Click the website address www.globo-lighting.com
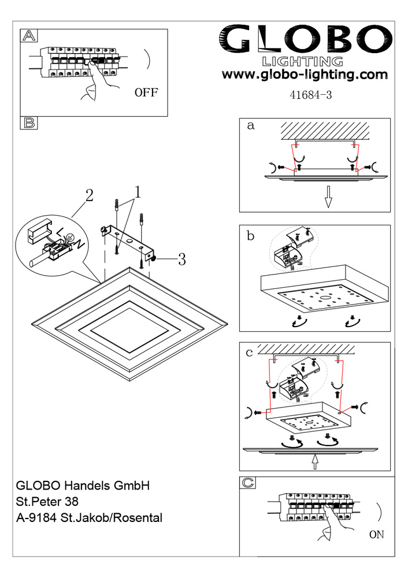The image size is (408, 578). tap(305, 75)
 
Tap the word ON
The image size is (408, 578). tap(376, 535)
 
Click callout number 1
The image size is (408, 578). tap(138, 191)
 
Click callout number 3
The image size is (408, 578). tap(181, 260)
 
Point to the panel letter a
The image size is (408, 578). tap(250, 126)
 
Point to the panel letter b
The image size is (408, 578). tap(250, 235)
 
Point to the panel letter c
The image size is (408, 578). tap(250, 352)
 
